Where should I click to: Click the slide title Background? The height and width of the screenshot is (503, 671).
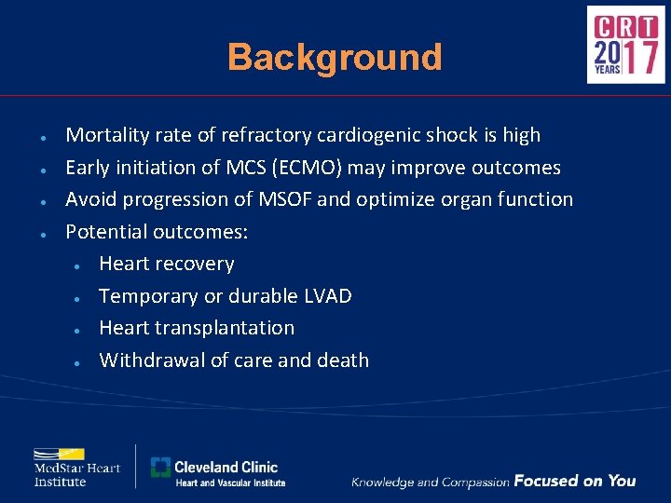[x=335, y=58]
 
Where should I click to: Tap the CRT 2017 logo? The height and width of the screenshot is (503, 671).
[x=625, y=45]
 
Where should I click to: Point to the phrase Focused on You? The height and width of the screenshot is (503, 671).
[x=574, y=481]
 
